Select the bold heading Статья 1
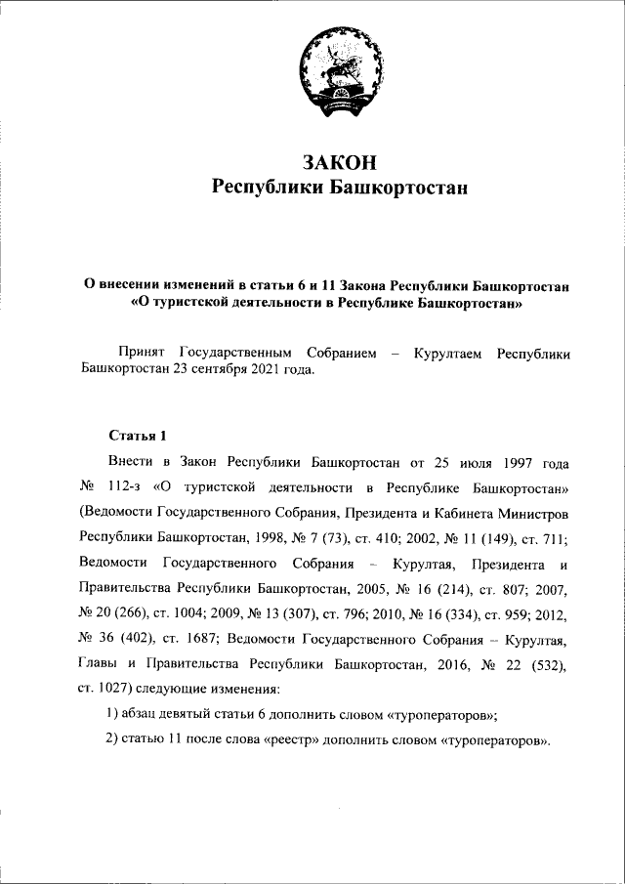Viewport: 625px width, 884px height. (138, 435)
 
